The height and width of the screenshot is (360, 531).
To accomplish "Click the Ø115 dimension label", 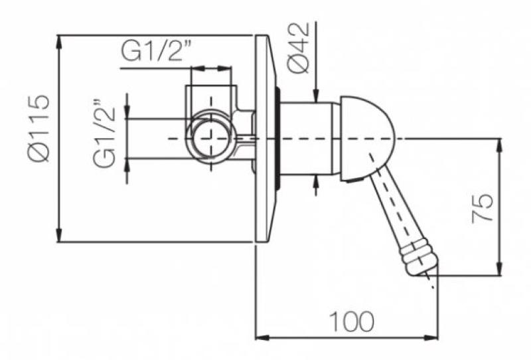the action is point(38,128).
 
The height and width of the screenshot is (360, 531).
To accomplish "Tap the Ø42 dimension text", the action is point(299,48).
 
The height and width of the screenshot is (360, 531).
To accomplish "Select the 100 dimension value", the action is point(352,321).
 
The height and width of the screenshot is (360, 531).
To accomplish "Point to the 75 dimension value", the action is point(482,208).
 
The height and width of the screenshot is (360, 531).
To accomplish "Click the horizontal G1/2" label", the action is point(157,52).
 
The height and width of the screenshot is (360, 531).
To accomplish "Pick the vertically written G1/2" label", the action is point(105,134).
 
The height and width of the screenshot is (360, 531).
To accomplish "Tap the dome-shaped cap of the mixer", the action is point(368,139).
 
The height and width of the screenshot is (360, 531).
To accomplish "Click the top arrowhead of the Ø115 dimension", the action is point(59,42).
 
